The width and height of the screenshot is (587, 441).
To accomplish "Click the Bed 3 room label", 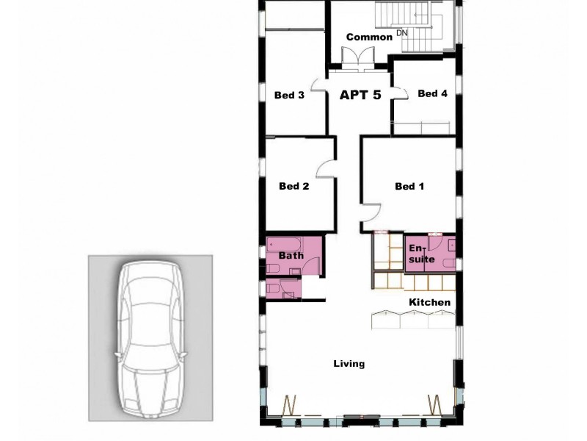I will (289, 95).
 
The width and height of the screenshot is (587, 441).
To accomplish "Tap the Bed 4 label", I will (432, 93).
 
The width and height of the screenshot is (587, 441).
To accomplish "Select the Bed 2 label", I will (293, 187).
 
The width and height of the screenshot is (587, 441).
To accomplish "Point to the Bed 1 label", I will (409, 187).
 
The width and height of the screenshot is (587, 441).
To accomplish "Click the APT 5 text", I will (360, 95).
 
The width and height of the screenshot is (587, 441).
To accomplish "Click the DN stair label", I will (401, 33).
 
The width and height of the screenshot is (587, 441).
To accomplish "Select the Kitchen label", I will (429, 303).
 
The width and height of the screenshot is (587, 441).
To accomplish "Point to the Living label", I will (349, 364).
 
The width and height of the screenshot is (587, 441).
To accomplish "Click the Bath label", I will (291, 256).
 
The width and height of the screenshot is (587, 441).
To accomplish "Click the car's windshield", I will (151, 303).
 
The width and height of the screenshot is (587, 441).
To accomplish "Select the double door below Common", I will (360, 57).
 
